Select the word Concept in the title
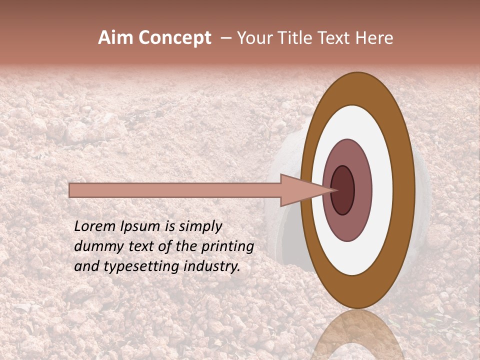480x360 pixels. [x=175, y=38]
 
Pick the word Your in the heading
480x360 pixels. [x=255, y=38]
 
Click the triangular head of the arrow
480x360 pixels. [x=300, y=190]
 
